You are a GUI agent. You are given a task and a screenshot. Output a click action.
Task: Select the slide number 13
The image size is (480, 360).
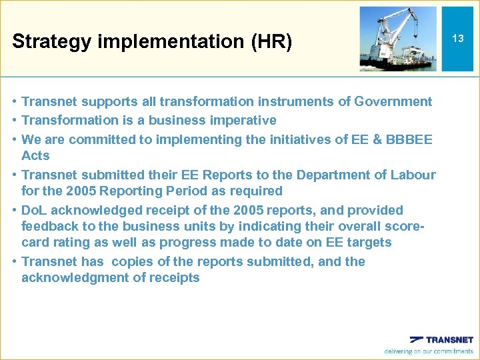click(x=457, y=39)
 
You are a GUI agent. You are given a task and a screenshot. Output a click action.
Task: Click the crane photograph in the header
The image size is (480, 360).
click(x=398, y=39)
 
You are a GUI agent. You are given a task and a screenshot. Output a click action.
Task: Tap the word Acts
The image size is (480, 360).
click(x=35, y=155)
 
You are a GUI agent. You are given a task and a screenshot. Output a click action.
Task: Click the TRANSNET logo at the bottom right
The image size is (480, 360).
click(x=441, y=339)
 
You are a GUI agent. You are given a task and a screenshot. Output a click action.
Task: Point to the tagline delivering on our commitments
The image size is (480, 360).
click(x=428, y=351)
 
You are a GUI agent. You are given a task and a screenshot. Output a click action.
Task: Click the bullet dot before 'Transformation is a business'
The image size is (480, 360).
click(x=14, y=121)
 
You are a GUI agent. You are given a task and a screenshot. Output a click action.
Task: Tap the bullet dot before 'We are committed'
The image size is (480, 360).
click(x=14, y=139)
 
